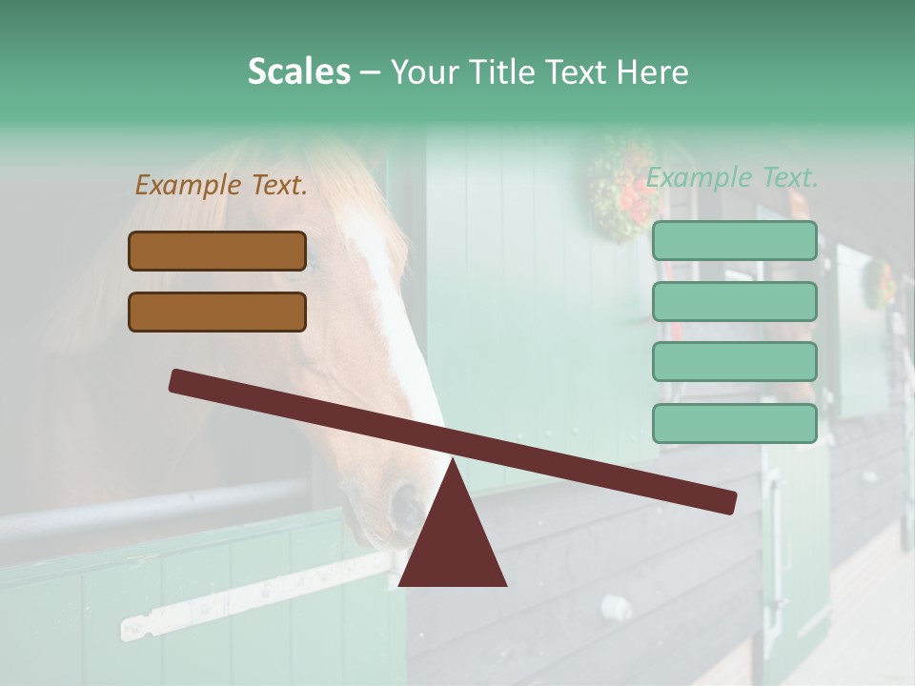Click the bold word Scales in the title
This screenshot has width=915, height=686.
(298, 71)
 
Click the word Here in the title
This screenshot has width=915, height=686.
(653, 71)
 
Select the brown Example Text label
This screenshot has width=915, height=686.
(221, 185)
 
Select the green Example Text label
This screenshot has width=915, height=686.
(732, 177)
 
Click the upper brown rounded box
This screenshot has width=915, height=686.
(217, 251)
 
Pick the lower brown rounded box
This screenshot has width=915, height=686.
(217, 312)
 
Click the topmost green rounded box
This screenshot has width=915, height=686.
(734, 241)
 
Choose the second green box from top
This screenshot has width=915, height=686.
(734, 301)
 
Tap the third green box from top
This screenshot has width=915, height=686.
(734, 361)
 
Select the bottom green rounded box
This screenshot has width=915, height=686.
(734, 423)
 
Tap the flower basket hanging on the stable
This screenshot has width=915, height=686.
(624, 188)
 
